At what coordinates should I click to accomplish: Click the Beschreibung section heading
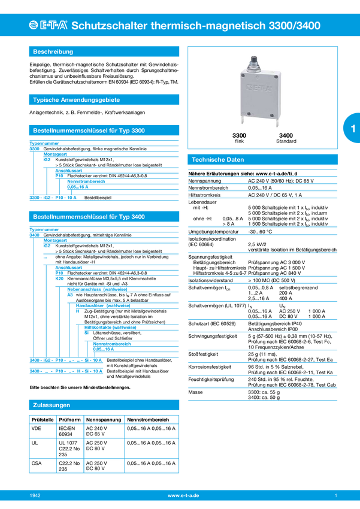coord(53,52)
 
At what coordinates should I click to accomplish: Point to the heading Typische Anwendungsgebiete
coord(77,100)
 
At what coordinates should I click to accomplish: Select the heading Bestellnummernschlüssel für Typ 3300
coord(89,130)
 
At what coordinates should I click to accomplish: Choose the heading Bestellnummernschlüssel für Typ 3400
coord(89,216)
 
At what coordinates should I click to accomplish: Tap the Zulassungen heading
coord(52,405)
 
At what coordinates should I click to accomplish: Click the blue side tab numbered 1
coord(352,129)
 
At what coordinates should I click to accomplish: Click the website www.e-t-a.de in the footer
coord(183,496)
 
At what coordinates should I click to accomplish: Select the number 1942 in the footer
coord(35,496)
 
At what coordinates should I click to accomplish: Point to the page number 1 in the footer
coord(336,496)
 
